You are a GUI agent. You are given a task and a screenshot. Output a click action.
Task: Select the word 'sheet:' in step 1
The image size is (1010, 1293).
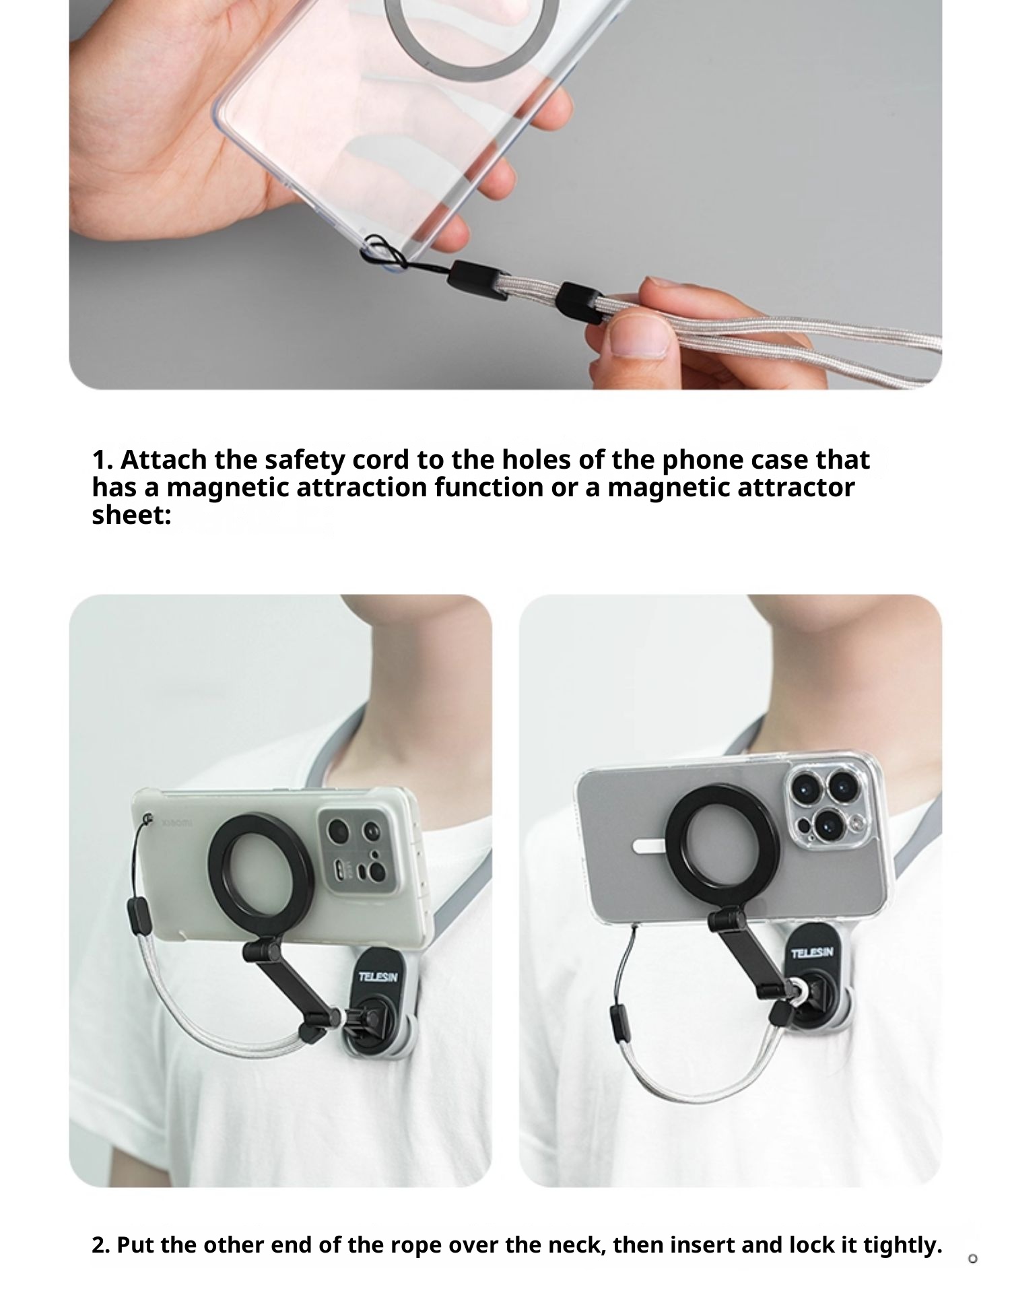click(132, 515)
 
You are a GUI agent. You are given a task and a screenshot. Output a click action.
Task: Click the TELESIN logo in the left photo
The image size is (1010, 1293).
click(378, 976)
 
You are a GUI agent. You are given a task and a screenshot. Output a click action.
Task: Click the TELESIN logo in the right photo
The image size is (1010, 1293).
click(812, 952)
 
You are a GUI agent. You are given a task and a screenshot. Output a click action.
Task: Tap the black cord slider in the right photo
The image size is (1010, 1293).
click(619, 1024)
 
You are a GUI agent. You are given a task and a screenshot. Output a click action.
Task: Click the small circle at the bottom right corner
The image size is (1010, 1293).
click(972, 1259)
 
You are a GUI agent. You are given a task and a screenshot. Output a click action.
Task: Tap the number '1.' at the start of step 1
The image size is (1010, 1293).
click(102, 461)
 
